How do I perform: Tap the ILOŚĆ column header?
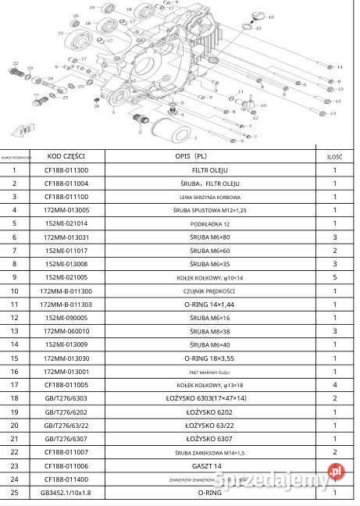click(335, 156)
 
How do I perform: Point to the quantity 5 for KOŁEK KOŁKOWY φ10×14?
click(335, 276)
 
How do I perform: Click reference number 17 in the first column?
click(15, 384)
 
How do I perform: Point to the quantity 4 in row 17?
click(335, 384)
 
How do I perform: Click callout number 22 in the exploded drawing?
click(16, 63)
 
